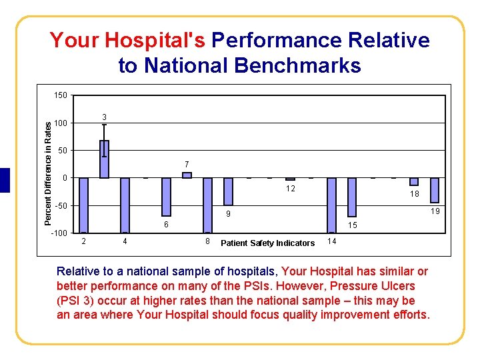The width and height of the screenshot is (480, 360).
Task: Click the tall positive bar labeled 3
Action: pos(104,159)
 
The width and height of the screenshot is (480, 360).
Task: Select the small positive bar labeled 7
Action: pos(187,175)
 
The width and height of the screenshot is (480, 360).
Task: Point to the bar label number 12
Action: pos(291,189)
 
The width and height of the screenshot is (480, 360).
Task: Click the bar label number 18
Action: pos(415,194)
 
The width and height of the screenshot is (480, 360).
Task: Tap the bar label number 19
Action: pos(435,211)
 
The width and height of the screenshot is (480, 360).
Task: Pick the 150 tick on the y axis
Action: pos(60,95)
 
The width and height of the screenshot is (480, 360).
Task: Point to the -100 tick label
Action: pos(59,233)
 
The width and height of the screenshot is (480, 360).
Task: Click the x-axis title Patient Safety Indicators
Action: pos(267,243)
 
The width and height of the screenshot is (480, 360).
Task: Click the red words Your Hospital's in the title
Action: pos(127,41)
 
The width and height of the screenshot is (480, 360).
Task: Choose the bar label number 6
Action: pos(166,225)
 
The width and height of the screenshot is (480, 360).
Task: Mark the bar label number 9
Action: pos(227,214)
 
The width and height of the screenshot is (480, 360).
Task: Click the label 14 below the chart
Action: pos(332,239)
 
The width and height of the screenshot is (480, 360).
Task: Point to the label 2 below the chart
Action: pos(83,240)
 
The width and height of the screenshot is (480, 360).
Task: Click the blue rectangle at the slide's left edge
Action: pos(5,180)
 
